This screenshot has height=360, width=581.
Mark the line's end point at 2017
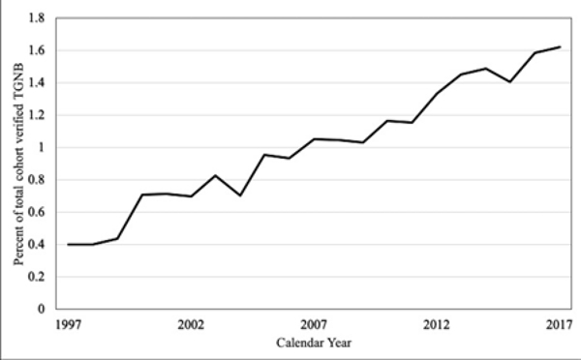[561, 46]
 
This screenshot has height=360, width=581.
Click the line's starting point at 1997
[69, 244]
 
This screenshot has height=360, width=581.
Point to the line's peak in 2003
[216, 175]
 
